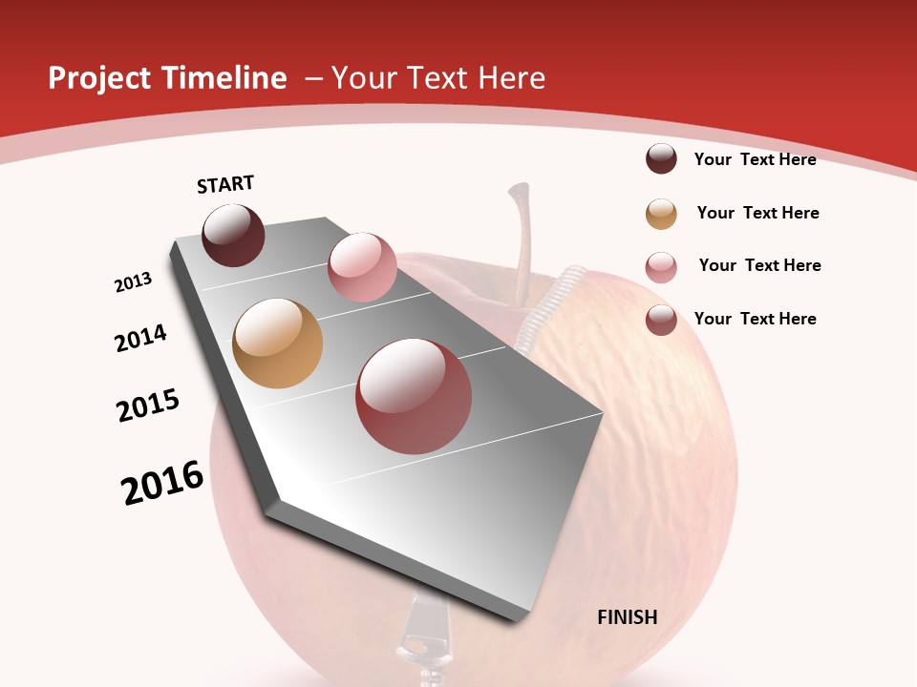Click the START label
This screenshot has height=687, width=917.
coord(225,184)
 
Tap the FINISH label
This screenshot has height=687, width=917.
coord(628,617)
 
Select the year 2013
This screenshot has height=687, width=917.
coord(133,282)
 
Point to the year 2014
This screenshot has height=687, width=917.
coord(140,339)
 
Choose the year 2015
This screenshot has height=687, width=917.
coord(148,406)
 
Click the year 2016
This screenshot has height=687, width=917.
coord(162,483)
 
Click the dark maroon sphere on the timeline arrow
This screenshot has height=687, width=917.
coord(233,235)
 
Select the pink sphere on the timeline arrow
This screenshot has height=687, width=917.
coord(362,267)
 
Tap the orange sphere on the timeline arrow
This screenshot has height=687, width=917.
coord(277,343)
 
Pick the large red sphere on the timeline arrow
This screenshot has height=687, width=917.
coord(414,396)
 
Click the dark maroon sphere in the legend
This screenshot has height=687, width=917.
coord(661,159)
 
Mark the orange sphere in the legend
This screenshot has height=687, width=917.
coord(661,214)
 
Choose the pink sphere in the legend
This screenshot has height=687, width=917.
coord(661,267)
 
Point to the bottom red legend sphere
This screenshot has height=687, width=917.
coord(661,320)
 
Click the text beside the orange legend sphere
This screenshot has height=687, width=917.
coord(757,213)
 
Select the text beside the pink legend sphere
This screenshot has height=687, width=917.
coord(759,265)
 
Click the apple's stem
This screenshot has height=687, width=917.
coord(522,239)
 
